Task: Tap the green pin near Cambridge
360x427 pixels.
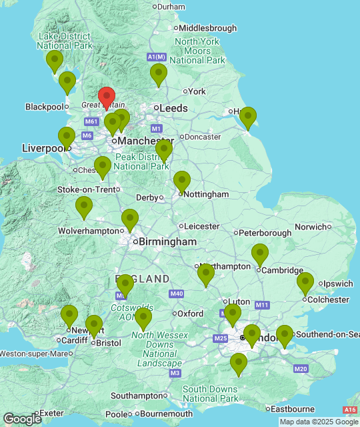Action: tap(259, 254)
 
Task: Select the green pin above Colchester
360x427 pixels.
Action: tap(305, 283)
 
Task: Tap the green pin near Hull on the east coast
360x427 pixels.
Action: tap(247, 117)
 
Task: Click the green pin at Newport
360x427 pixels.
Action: tap(69, 316)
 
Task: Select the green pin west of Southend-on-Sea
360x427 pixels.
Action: tap(284, 336)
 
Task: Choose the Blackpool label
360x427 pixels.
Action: tap(43, 107)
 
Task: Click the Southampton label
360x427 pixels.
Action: tap(137, 396)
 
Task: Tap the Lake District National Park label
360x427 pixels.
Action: tap(65, 41)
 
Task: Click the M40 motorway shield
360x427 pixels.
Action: tap(177, 294)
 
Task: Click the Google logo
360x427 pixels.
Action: tap(21, 418)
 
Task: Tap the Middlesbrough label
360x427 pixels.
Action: tap(207, 28)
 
